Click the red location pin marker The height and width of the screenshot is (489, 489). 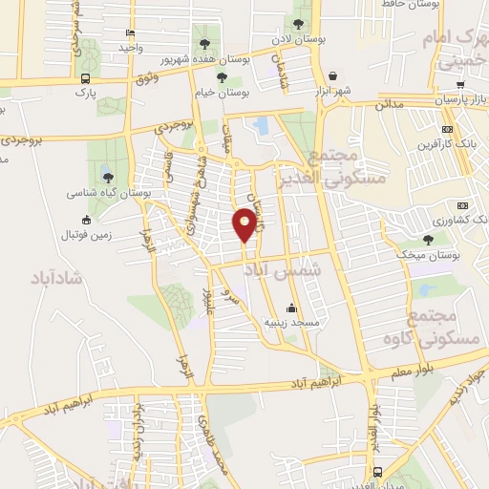pos(244,224)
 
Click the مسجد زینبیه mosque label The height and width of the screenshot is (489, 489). pos(290,323)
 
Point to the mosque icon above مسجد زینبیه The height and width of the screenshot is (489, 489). pos(291,308)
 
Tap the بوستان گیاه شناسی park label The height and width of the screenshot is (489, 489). pos(108,192)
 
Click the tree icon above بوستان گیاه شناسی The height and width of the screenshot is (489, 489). pos(108,177)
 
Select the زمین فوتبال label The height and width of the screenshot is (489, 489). pos(87,235)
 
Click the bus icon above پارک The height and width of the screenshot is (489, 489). pos(86,79)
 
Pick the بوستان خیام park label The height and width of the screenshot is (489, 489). pos(223,94)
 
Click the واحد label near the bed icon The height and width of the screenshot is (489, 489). pos(130,47)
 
